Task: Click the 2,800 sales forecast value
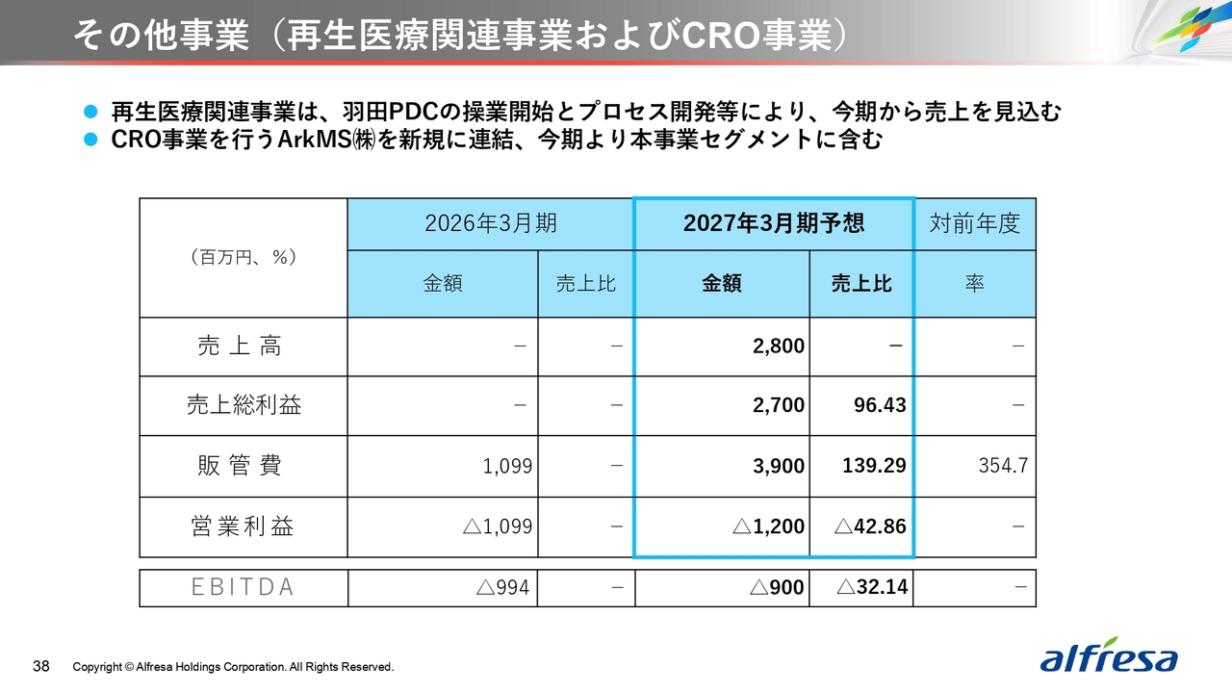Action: [x=779, y=346]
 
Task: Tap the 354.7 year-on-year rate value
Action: [x=1003, y=466]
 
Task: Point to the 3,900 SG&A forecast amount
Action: [x=779, y=466]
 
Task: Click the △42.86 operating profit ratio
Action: [x=870, y=526]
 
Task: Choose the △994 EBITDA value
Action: [x=502, y=587]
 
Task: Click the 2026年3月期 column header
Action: [x=491, y=223]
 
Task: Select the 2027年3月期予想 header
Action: [x=774, y=223]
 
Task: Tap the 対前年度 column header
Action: [x=975, y=224]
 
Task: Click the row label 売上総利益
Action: [x=244, y=405]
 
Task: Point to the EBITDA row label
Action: [x=243, y=587]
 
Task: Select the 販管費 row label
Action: [x=240, y=466]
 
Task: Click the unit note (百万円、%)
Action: [x=244, y=257]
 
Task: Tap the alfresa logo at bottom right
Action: [x=1108, y=655]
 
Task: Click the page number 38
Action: [x=41, y=667]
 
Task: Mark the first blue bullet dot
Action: [x=90, y=113]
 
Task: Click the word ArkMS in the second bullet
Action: [x=314, y=140]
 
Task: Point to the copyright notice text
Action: [x=233, y=667]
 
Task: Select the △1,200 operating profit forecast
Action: [x=769, y=526]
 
